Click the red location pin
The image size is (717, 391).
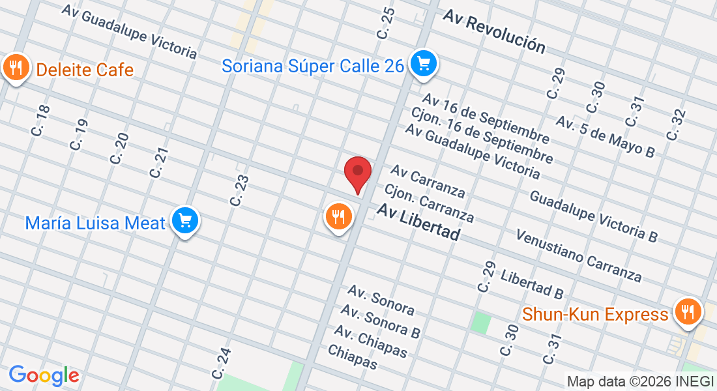358,173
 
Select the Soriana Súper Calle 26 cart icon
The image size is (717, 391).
424,64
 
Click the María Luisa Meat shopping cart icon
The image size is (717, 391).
185,222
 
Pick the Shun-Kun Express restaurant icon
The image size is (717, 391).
687,311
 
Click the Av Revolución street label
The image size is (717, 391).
493,31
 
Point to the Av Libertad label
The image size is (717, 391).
418,222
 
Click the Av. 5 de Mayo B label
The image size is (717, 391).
605,136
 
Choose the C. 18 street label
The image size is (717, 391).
40,121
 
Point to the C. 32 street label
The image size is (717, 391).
676,124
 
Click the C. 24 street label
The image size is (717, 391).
221,364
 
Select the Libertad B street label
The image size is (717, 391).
532,283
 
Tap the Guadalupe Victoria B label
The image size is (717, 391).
593,216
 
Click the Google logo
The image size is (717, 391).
44,375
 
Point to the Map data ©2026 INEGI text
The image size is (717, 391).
640,381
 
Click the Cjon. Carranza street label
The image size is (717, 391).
429,203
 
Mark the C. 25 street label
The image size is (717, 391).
385,22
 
